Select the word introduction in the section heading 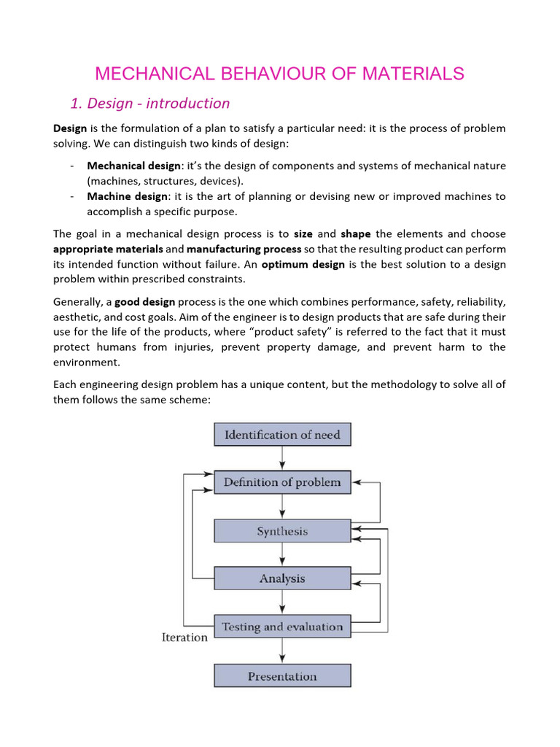[x=190, y=104]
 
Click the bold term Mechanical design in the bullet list [x=133, y=166]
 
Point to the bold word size [x=303, y=234]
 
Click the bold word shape [x=356, y=234]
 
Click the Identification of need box [x=282, y=435]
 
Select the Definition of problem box [x=282, y=482]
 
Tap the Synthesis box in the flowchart [x=282, y=531]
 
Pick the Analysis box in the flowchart [x=282, y=578]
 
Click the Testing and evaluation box [x=282, y=627]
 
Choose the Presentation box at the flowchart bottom [x=282, y=676]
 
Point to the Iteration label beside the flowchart [x=184, y=638]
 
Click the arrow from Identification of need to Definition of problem [x=282, y=458]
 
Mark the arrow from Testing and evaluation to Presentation [x=282, y=651]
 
